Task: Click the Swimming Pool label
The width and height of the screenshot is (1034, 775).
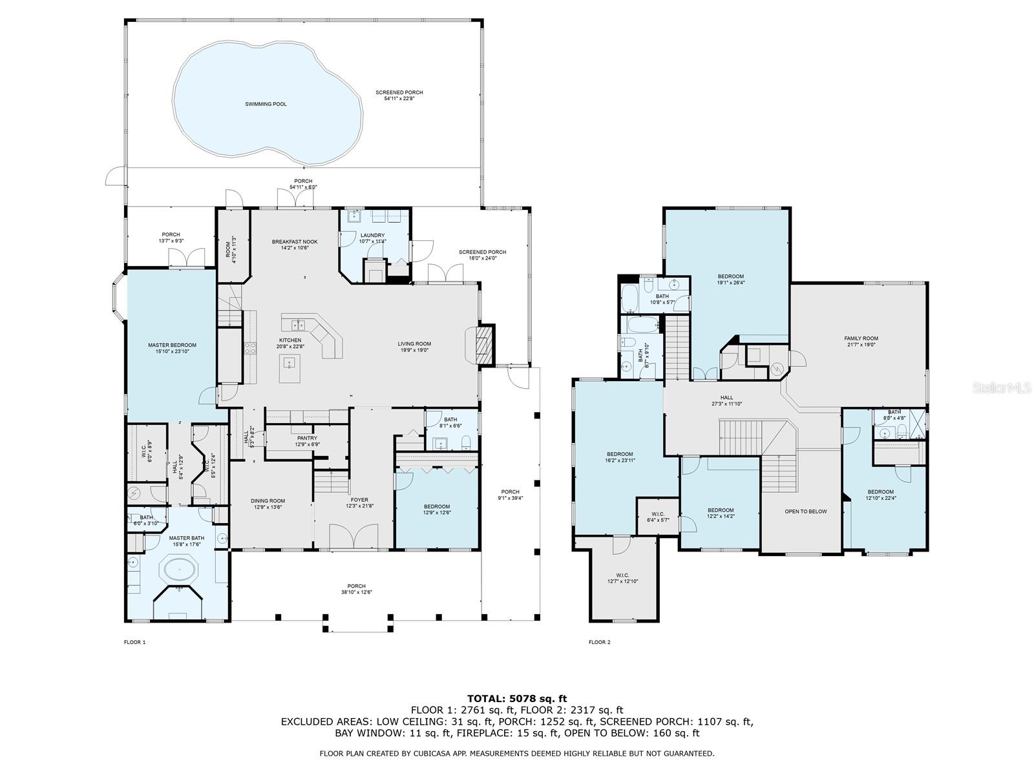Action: tap(266, 104)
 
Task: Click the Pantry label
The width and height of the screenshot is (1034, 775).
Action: tap(307, 441)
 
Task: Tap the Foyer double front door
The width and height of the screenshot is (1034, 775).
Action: tap(354, 537)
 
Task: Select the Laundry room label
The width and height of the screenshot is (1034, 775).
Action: tap(372, 238)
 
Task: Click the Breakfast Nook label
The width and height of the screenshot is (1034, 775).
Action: tap(294, 245)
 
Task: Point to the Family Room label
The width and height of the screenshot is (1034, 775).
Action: tap(861, 342)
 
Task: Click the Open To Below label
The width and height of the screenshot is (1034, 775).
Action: tap(805, 512)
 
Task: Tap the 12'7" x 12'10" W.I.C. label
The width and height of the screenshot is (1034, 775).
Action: tap(622, 579)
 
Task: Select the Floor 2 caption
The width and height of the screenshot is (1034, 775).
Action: tap(599, 642)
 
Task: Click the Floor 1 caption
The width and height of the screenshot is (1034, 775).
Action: tap(134, 642)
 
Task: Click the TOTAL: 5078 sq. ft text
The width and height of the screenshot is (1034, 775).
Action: tap(517, 698)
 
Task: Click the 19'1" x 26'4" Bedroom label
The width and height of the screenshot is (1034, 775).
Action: tap(730, 280)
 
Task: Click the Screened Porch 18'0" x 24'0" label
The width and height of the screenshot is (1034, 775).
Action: tap(482, 255)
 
